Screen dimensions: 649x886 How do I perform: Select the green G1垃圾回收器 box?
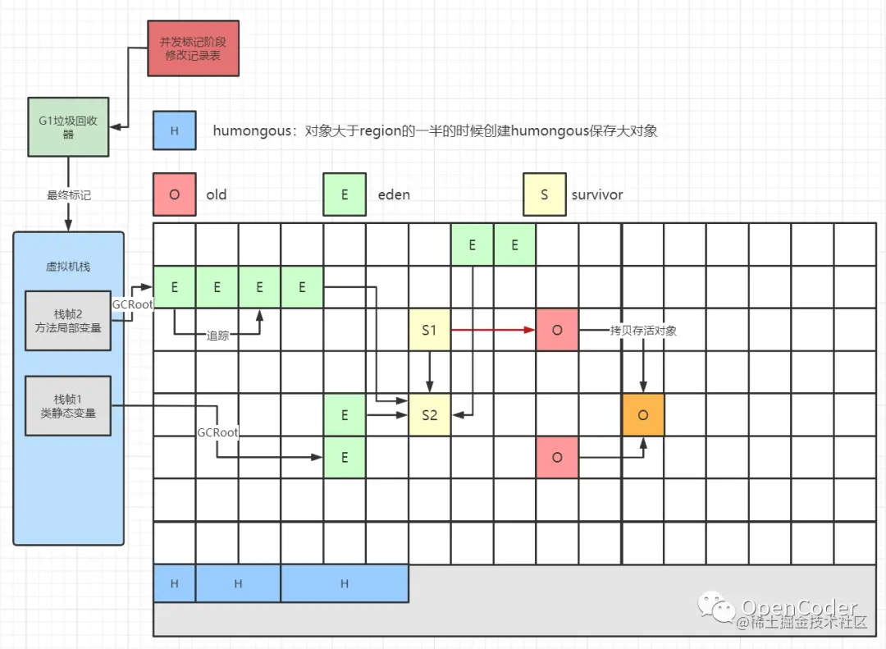pos(68,127)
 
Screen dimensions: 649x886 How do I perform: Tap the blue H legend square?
pos(174,130)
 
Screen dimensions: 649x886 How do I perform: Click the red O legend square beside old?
pos(174,194)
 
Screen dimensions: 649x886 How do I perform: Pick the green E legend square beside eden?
pos(345,194)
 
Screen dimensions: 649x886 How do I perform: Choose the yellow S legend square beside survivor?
pos(545,194)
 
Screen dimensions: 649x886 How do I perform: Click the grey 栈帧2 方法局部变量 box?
pos(68,320)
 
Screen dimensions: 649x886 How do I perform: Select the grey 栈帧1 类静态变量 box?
pos(68,405)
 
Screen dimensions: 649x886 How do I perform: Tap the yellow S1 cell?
pos(429,330)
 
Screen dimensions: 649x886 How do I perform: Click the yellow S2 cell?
pos(429,415)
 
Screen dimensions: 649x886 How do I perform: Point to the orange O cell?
pos(643,415)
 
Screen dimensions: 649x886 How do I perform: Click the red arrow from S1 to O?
pos(492,330)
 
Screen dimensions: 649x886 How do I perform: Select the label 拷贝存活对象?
pos(643,331)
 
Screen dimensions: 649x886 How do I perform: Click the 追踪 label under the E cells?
pos(217,335)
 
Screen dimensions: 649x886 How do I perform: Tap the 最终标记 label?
pos(68,195)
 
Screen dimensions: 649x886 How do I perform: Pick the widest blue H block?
pos(345,583)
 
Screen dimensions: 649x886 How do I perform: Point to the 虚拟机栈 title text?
pos(68,266)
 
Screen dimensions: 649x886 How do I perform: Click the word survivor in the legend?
pos(597,194)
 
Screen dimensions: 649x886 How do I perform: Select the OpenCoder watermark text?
pos(800,607)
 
